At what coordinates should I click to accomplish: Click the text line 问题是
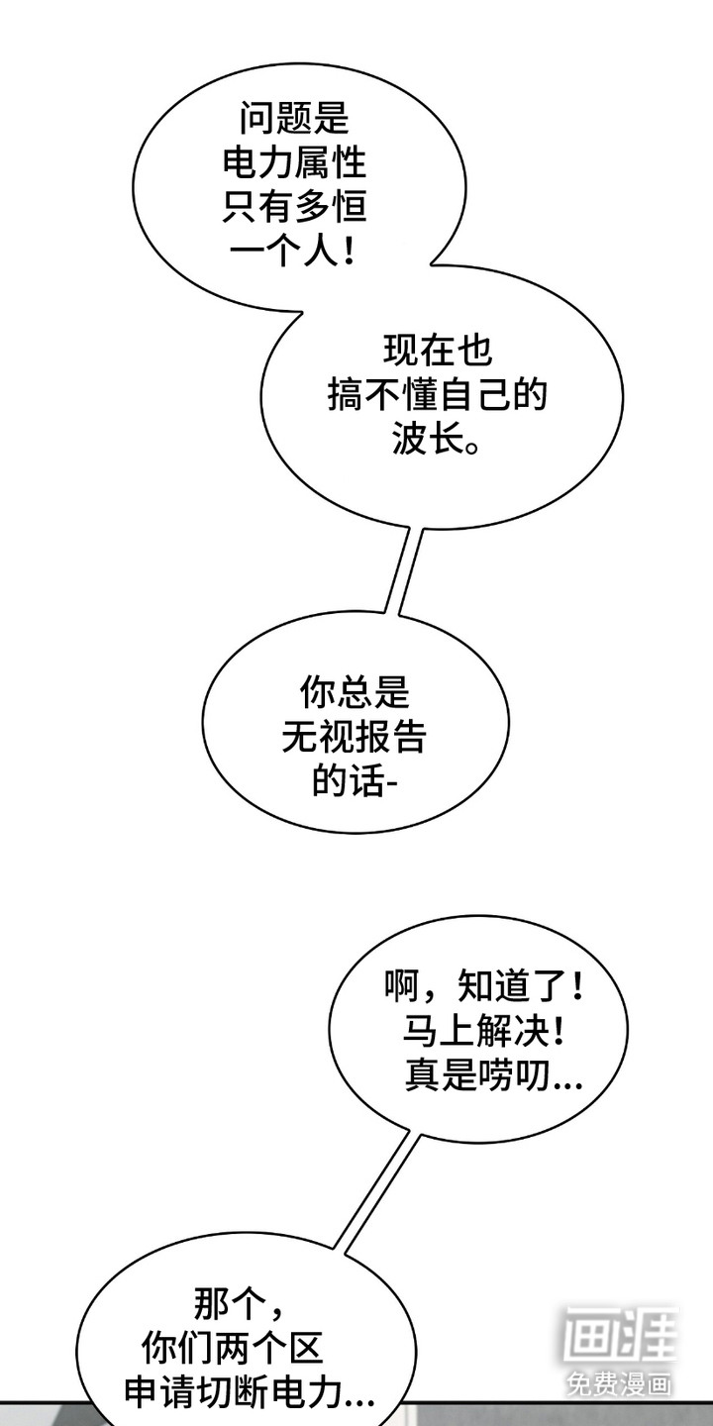click(294, 119)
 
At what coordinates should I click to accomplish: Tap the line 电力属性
click(294, 163)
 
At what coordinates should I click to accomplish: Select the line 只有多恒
click(294, 207)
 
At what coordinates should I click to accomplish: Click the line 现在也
click(437, 352)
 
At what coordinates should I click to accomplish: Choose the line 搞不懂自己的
click(437, 396)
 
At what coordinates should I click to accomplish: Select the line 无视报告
click(354, 737)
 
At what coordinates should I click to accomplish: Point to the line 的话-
click(354, 781)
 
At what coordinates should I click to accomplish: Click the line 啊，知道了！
click(485, 985)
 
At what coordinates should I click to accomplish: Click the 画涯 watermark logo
click(621, 1335)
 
